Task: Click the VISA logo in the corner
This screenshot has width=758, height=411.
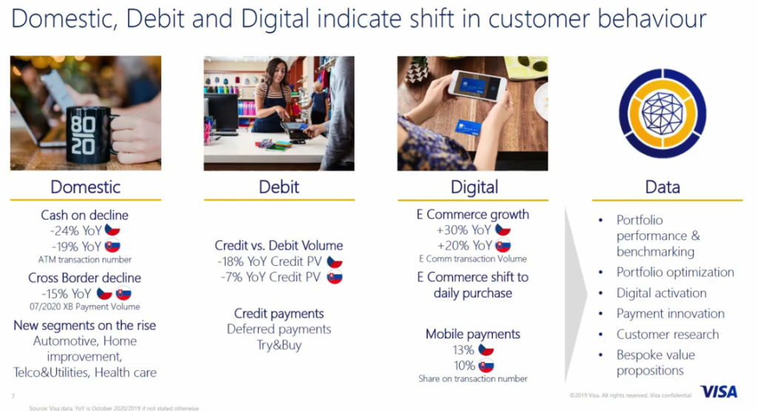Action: click(x=719, y=391)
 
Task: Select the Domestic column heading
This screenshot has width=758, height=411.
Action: click(x=86, y=187)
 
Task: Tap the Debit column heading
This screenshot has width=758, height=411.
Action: click(x=279, y=187)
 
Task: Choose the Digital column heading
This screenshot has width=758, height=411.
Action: click(x=474, y=187)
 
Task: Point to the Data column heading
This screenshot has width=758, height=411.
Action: click(x=663, y=187)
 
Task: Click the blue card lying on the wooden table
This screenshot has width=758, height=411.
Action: click(x=468, y=127)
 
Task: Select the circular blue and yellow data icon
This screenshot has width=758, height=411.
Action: click(x=663, y=113)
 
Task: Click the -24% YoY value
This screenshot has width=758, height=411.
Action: click(x=76, y=230)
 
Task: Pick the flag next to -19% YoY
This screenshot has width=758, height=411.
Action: click(x=113, y=246)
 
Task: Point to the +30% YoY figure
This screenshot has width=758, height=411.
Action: click(x=463, y=230)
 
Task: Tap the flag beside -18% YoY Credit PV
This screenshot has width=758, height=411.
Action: click(x=334, y=261)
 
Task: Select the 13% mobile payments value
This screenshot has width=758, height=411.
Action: click(x=463, y=350)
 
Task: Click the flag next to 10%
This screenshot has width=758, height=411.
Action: click(x=486, y=366)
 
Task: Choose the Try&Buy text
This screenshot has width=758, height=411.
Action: click(x=279, y=345)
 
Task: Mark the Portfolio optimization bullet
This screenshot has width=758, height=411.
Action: click(x=675, y=273)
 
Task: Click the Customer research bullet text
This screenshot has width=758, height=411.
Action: click(x=668, y=334)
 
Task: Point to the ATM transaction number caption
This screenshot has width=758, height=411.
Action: click(x=85, y=260)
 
